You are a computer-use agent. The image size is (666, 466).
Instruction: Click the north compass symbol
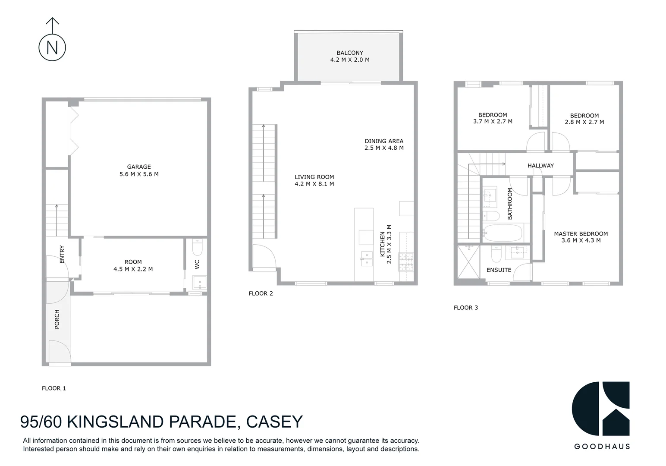coord(52,47)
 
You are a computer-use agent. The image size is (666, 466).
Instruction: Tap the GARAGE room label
coord(139,167)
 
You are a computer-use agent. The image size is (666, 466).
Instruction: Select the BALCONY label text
coord(350,53)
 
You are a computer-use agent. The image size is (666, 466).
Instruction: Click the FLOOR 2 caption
coord(261,293)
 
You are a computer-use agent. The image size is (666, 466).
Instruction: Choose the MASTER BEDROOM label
coord(581,234)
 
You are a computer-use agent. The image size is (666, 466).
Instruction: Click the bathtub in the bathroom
coord(503,233)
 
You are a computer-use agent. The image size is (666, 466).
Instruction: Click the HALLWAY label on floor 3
coord(540,166)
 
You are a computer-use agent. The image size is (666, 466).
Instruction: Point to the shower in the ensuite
coord(467,262)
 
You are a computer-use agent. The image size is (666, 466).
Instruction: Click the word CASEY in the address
coord(274,422)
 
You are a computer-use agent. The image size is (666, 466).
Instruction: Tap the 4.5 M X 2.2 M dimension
coord(133,269)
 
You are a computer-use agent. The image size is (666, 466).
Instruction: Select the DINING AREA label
coord(384,141)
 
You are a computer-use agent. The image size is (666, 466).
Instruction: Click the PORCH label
coord(57,319)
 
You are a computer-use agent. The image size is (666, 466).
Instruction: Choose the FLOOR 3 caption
coord(465,308)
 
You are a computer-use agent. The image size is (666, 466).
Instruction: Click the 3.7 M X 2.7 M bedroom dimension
coord(493,122)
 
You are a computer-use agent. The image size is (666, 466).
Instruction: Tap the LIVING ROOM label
coord(314,177)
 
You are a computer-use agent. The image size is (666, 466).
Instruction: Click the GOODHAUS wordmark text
coord(602,447)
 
